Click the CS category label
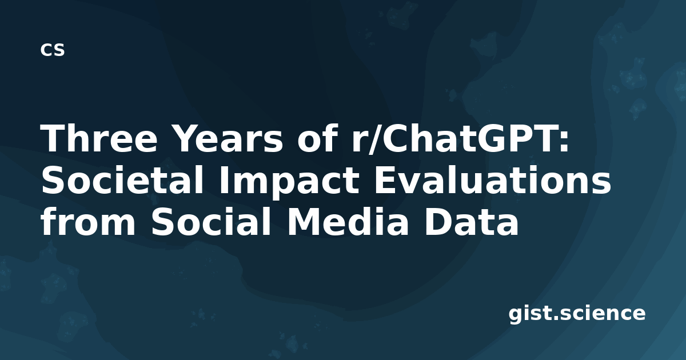[53, 50]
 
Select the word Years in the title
[228, 138]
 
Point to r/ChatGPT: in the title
[460, 138]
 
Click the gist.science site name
[577, 314]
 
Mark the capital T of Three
[53, 138]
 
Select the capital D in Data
[438, 222]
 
